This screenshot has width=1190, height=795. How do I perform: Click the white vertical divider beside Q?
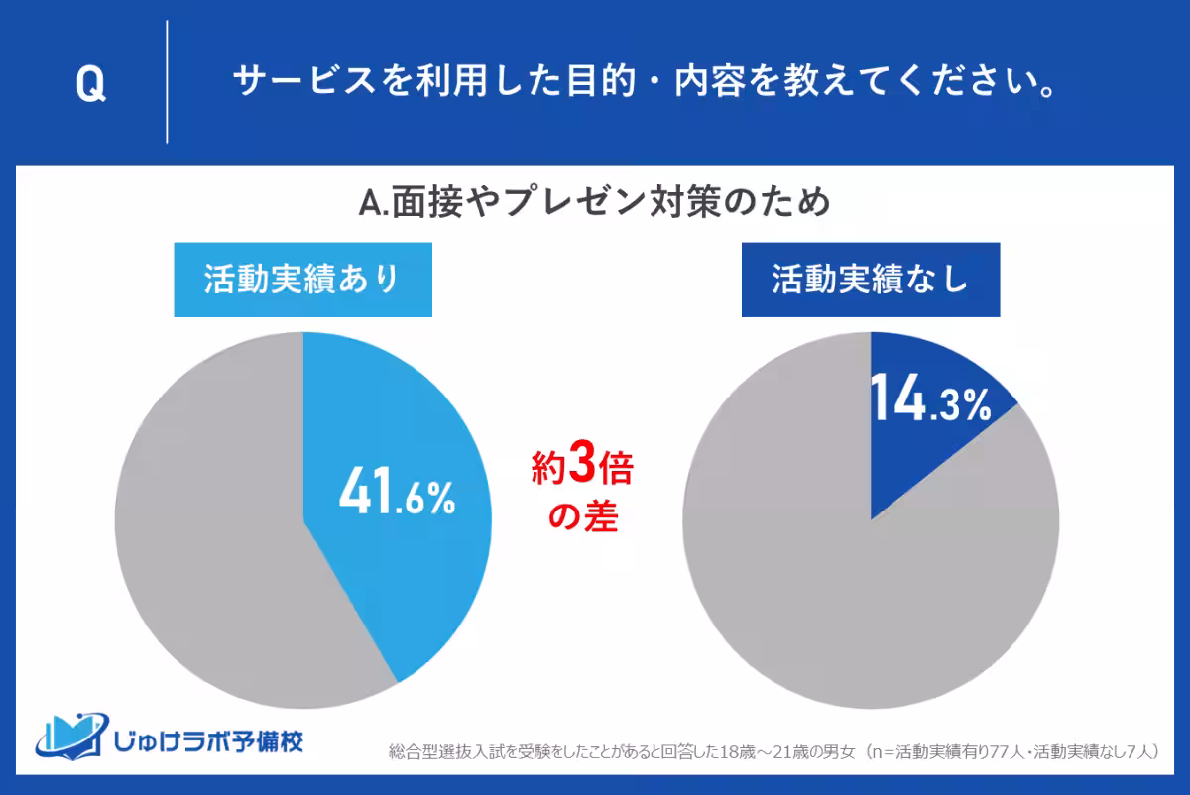(167, 82)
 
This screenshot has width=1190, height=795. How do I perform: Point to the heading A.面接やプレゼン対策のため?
(594, 204)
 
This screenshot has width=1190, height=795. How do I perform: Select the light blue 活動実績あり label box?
(302, 281)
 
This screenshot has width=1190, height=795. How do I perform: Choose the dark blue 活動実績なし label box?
(870, 281)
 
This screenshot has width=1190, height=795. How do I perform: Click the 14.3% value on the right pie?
(930, 402)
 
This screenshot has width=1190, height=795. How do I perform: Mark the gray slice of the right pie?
(843, 595)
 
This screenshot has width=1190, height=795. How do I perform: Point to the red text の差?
(582, 517)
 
